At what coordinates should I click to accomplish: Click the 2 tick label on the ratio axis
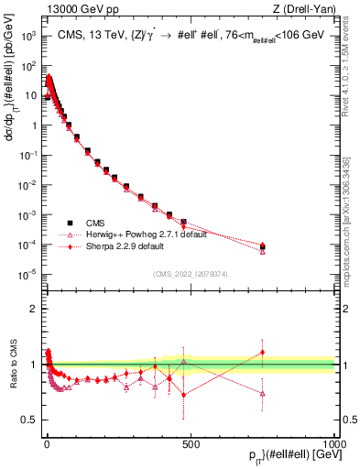(33, 309)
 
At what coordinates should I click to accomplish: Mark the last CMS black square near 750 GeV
(263, 246)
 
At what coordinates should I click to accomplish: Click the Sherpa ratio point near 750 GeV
(263, 353)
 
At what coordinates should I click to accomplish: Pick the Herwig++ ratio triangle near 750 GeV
(263, 394)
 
